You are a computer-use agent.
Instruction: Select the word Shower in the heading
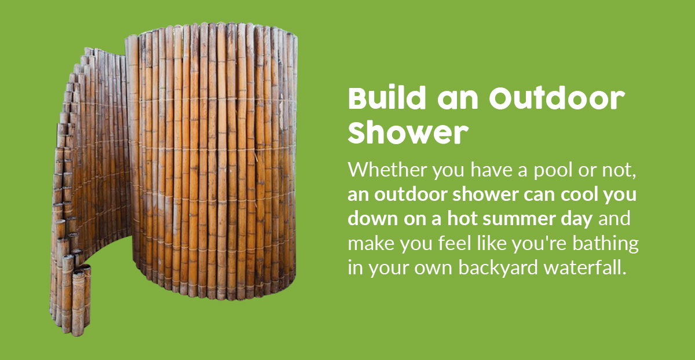pyautogui.click(x=408, y=132)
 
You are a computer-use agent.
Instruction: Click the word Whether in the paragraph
pyautogui.click(x=387, y=170)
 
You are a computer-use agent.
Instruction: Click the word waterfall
pyautogui.click(x=586, y=267)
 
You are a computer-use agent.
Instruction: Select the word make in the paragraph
pyautogui.click(x=371, y=243)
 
